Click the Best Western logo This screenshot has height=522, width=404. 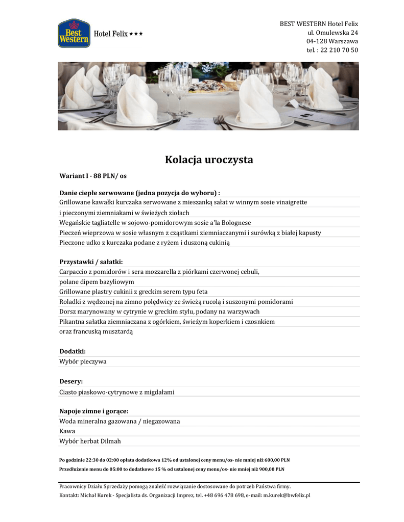tap(74, 34)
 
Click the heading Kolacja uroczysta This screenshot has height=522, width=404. tap(209, 160)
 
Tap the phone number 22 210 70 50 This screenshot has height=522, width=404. tap(339, 50)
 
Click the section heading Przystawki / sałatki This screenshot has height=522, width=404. tap(91, 262)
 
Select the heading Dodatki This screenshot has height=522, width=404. tap(73, 351)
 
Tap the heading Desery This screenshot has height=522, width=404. tap(71, 381)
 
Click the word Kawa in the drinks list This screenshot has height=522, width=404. tap(67, 431)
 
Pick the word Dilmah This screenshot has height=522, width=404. tap(111, 441)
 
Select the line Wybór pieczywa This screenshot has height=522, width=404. tap(83, 361)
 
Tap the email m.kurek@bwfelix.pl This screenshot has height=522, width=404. tap(287, 495)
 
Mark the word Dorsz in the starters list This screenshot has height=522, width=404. tap(68, 311)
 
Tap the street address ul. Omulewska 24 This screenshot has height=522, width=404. tap(332, 33)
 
